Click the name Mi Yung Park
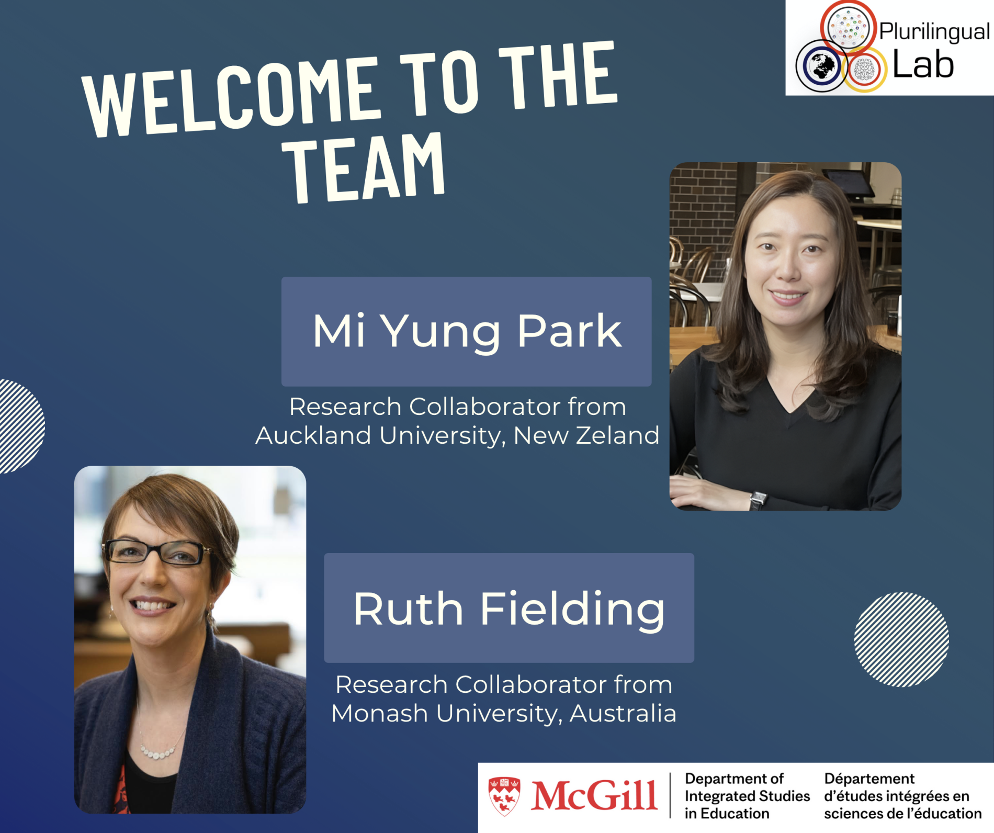point(467,332)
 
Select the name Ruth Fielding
point(509,609)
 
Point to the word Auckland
point(313,435)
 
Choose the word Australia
point(623,713)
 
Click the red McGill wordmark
point(594,795)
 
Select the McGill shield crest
point(504,796)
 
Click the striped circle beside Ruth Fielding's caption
point(901,639)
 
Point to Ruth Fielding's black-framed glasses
point(157,553)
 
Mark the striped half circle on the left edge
point(22,426)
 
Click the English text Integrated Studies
point(747,796)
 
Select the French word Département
point(869,779)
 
